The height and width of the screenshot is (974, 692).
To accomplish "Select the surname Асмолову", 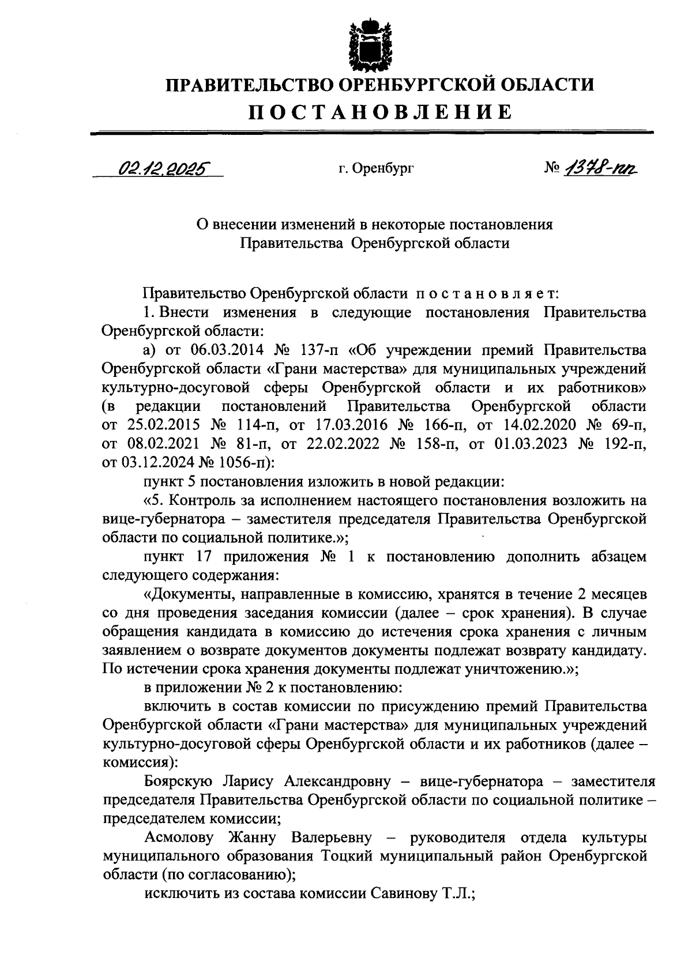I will (x=179, y=837).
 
